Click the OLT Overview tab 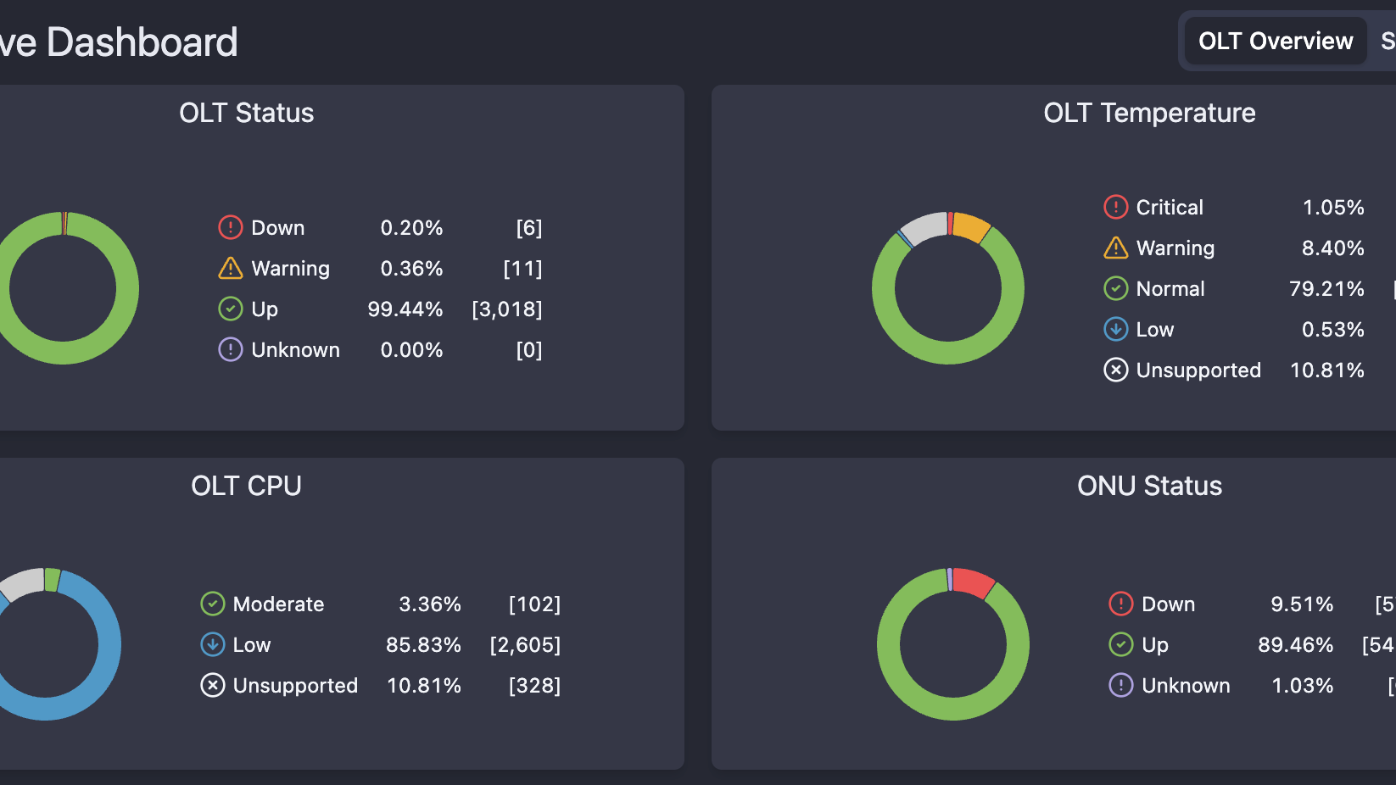(x=1275, y=41)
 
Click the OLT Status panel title (x=246, y=113)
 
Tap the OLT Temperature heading (x=1148, y=113)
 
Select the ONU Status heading (x=1148, y=486)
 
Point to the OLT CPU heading (x=246, y=486)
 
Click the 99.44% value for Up (x=405, y=309)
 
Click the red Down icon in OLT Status (x=231, y=227)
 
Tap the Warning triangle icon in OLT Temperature (x=1115, y=248)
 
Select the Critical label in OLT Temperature (x=1169, y=208)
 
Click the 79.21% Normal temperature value (x=1326, y=289)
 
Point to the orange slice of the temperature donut (x=971, y=226)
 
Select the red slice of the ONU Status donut (x=974, y=582)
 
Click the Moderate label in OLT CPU (x=278, y=604)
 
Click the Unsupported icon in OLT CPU (x=212, y=685)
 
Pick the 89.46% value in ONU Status (x=1294, y=645)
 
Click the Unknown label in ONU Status (x=1185, y=686)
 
